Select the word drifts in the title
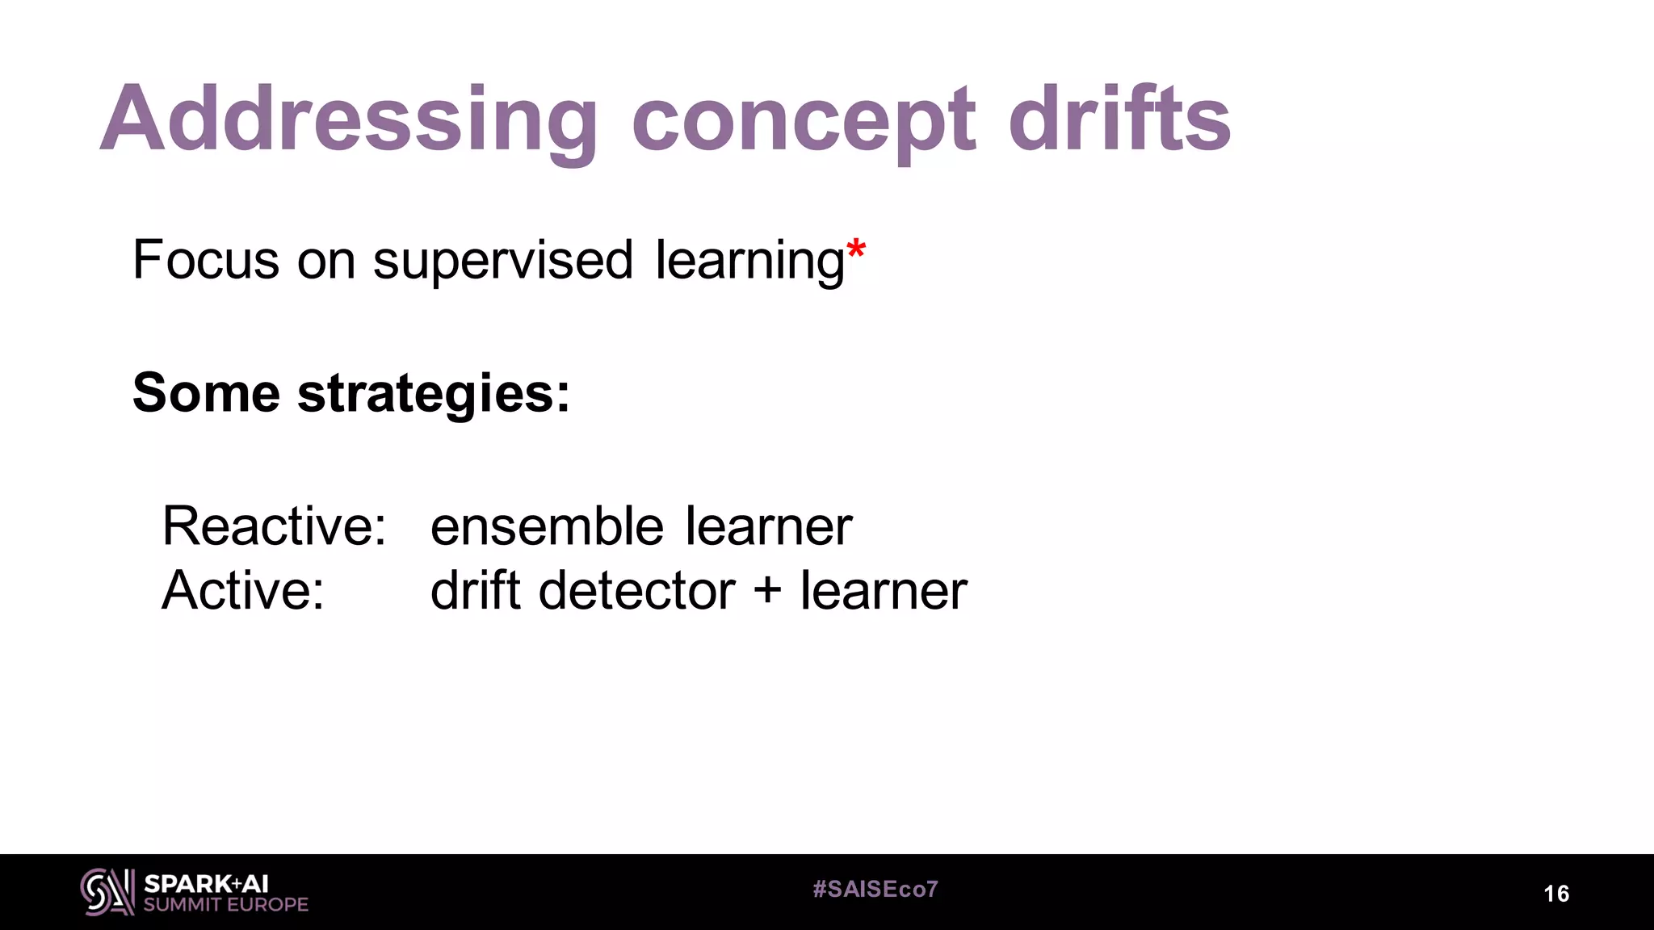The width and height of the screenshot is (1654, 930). (x=1119, y=119)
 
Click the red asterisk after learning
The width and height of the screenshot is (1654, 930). (x=856, y=250)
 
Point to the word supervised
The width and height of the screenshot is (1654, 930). (x=502, y=260)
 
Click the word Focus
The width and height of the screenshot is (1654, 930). (x=206, y=260)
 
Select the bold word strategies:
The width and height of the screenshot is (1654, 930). (x=434, y=393)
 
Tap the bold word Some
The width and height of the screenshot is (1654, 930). (x=206, y=393)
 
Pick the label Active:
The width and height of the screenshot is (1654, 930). (x=243, y=590)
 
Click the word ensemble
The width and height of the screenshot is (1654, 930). (x=547, y=526)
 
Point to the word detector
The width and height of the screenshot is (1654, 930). (x=637, y=590)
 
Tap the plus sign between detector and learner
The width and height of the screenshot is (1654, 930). (x=767, y=590)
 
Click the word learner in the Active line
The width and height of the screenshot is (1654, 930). (x=884, y=590)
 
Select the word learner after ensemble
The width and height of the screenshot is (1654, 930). (x=769, y=526)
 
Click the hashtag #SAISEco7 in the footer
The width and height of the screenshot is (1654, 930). (x=875, y=890)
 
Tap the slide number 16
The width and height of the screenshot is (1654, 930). (x=1556, y=894)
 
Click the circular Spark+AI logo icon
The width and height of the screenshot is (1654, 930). (x=107, y=892)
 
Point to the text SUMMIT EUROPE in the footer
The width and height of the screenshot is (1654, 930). (x=226, y=905)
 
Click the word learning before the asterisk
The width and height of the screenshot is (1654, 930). (x=749, y=260)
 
